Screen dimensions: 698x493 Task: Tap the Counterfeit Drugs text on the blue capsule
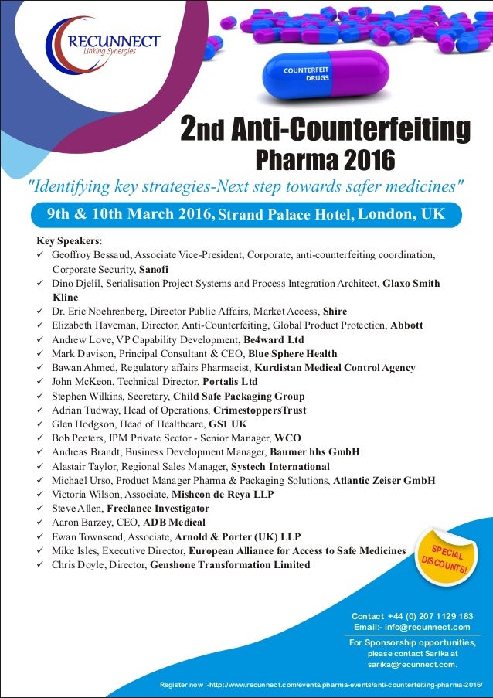(307, 74)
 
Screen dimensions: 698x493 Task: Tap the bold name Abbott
(406, 325)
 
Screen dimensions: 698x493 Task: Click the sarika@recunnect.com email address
(411, 663)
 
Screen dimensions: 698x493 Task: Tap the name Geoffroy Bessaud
(87, 254)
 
